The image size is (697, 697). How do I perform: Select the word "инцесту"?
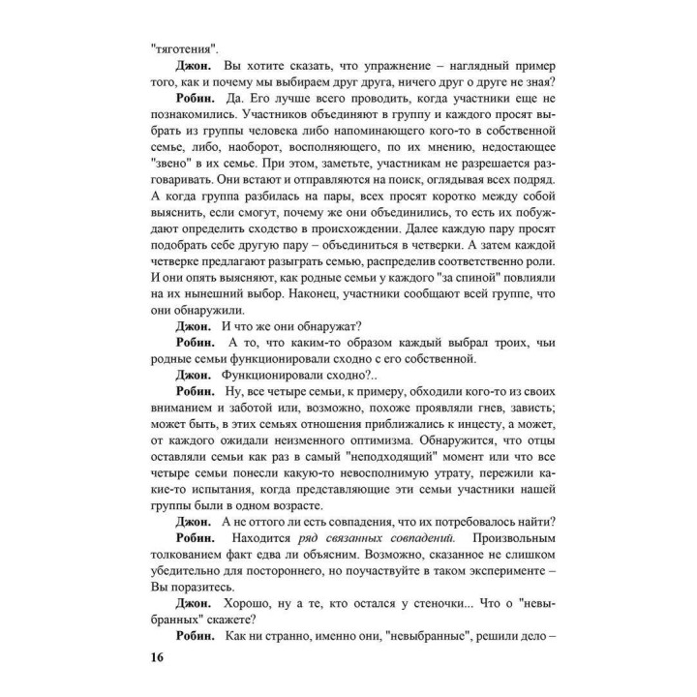[x=442, y=435]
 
